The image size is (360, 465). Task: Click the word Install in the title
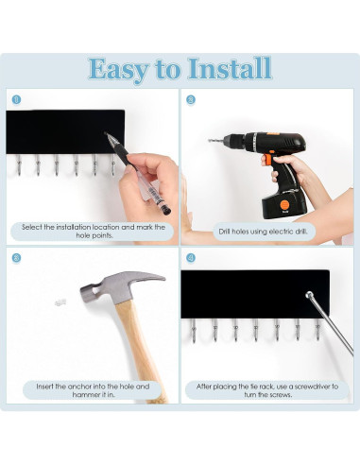pos(230,69)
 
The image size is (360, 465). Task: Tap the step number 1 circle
pos(16,100)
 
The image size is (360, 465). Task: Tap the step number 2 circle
pos(191,100)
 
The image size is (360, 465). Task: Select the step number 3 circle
pos(16,258)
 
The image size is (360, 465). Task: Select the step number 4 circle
pos(191,258)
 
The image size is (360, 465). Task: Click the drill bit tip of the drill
pos(210,141)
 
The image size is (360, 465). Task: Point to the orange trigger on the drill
pos(268,160)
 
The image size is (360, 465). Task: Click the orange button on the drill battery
pos(284,205)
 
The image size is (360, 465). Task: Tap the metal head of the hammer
pos(121,286)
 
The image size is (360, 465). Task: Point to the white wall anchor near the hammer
pos(60,302)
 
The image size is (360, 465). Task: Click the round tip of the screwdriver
pos(309,295)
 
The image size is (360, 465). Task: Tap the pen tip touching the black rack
pos(106,134)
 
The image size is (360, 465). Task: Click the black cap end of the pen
pos(166,211)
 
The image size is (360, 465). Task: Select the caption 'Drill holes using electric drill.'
pos(263,232)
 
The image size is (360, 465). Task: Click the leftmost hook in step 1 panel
pos(19,164)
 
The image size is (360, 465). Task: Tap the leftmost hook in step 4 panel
pos(193,330)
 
